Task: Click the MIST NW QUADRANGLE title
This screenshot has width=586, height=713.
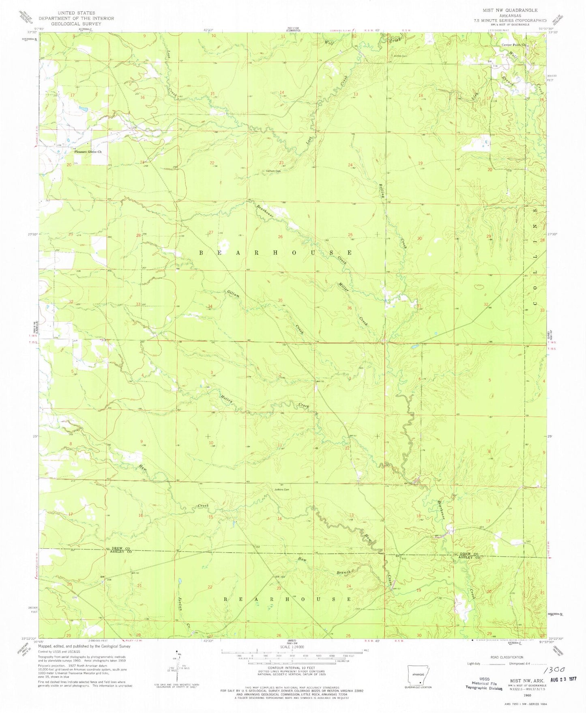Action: click(510, 10)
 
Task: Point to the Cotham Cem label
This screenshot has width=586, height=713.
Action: click(273, 171)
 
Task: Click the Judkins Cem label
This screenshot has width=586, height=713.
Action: click(281, 489)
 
